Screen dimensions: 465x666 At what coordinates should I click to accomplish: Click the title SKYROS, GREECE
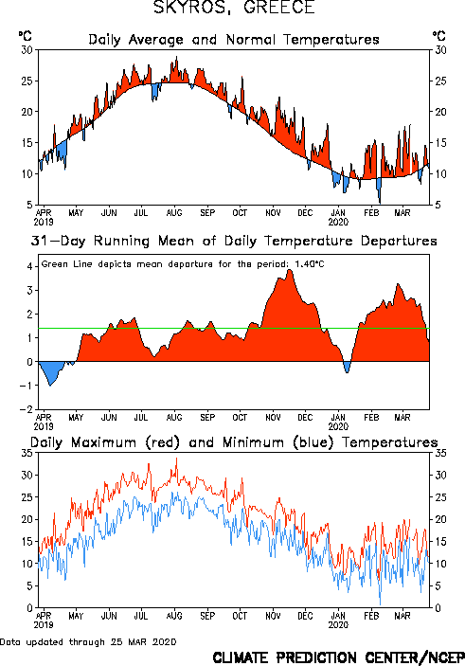[x=234, y=8]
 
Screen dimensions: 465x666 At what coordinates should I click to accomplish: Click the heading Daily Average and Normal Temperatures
[x=234, y=40]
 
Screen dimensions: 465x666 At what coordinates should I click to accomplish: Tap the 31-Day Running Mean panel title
[x=234, y=241]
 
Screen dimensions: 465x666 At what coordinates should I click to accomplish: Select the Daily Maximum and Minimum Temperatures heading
[x=234, y=442]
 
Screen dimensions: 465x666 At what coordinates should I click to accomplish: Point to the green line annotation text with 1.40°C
[x=183, y=264]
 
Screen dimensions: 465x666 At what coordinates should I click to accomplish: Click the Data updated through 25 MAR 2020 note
[x=88, y=641]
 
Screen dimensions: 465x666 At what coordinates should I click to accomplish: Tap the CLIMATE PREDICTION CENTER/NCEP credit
[x=338, y=657]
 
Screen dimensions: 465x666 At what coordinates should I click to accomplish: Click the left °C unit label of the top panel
[x=25, y=36]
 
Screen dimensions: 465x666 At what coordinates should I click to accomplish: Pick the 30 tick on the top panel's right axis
[x=440, y=50]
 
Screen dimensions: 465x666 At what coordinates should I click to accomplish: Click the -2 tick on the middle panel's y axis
[x=27, y=409]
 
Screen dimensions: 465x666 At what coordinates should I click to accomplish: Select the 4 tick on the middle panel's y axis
[x=29, y=267]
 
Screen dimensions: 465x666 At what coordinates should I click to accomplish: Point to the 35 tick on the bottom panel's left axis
[x=27, y=453]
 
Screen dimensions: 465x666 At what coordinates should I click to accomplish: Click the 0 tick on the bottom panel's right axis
[x=438, y=608]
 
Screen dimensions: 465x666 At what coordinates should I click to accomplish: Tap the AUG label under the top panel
[x=174, y=213]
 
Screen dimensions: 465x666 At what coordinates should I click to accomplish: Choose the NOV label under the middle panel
[x=273, y=418]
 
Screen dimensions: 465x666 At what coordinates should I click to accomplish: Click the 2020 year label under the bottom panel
[x=338, y=625]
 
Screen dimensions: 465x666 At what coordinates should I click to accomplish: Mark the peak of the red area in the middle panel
[x=290, y=270]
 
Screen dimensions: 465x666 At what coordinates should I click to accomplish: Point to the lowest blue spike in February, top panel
[x=380, y=204]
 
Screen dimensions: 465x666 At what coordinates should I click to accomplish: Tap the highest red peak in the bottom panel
[x=177, y=458]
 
